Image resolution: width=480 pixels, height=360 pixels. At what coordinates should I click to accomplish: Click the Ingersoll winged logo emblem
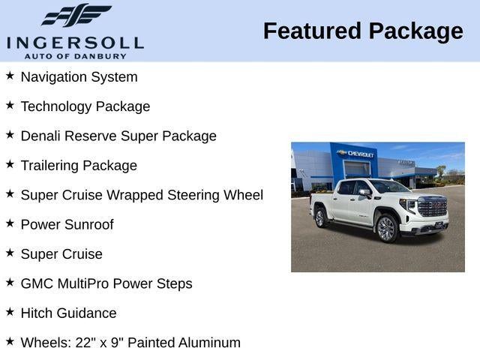coord(75,16)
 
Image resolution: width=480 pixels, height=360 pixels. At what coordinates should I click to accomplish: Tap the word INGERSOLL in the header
coord(75,41)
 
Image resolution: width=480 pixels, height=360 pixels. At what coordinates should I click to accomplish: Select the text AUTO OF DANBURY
coord(75,55)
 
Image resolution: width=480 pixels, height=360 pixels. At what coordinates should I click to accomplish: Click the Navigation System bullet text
coord(79,76)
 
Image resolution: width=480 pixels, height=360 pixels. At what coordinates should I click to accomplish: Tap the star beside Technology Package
coord(10,105)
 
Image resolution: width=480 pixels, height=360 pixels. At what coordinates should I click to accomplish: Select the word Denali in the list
coord(40,136)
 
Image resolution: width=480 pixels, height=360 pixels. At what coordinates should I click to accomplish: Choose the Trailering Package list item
coord(79,165)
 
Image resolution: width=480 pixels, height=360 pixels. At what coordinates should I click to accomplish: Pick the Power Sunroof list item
coord(67,224)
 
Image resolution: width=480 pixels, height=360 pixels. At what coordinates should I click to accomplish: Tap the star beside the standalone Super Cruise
coord(10,253)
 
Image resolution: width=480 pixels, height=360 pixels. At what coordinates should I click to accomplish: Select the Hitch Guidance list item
coord(68,313)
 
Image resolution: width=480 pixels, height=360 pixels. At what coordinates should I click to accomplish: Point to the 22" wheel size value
coord(84,343)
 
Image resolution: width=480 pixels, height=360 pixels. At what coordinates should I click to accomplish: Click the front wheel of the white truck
coord(386,229)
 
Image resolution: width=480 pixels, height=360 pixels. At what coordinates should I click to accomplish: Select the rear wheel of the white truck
coord(321,217)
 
